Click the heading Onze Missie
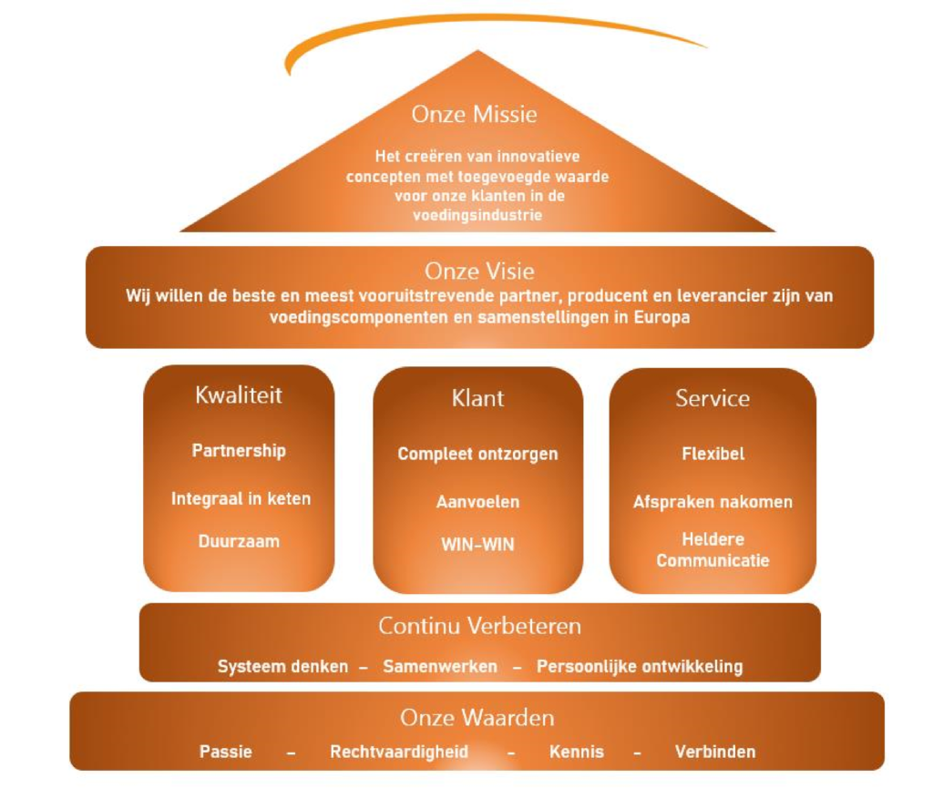pos(474,114)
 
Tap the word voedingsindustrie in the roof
pos(477,215)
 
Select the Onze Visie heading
pos(479,271)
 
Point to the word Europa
pos(661,317)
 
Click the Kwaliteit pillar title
pos(239,395)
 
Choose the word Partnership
pos(239,451)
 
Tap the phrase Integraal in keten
pos(241,498)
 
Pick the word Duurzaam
pos(239,541)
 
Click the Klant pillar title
pos(477,398)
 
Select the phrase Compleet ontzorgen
pos(477,455)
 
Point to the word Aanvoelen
pos(477,502)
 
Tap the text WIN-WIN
pos(477,545)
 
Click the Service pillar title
pos(713,398)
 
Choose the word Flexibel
pos(713,454)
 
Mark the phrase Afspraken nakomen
pos(713,502)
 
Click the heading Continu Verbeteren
pos(479,626)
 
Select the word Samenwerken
pos(440,666)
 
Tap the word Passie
pos(226,753)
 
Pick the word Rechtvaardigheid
pos(399,753)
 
